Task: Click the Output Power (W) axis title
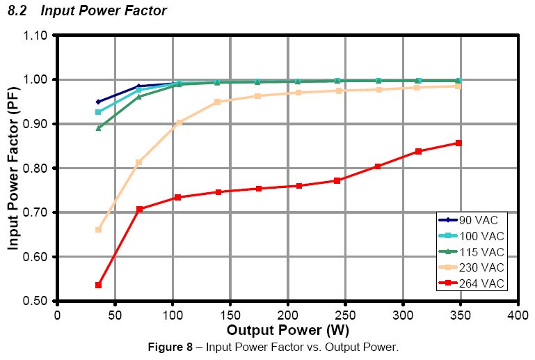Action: (x=287, y=329)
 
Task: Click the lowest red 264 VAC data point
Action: (x=98, y=285)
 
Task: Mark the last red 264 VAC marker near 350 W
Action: (x=458, y=143)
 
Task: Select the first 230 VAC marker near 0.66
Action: (x=98, y=229)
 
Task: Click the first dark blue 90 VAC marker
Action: (x=98, y=102)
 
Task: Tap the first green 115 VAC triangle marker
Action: (x=98, y=128)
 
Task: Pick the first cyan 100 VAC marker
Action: (x=98, y=112)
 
